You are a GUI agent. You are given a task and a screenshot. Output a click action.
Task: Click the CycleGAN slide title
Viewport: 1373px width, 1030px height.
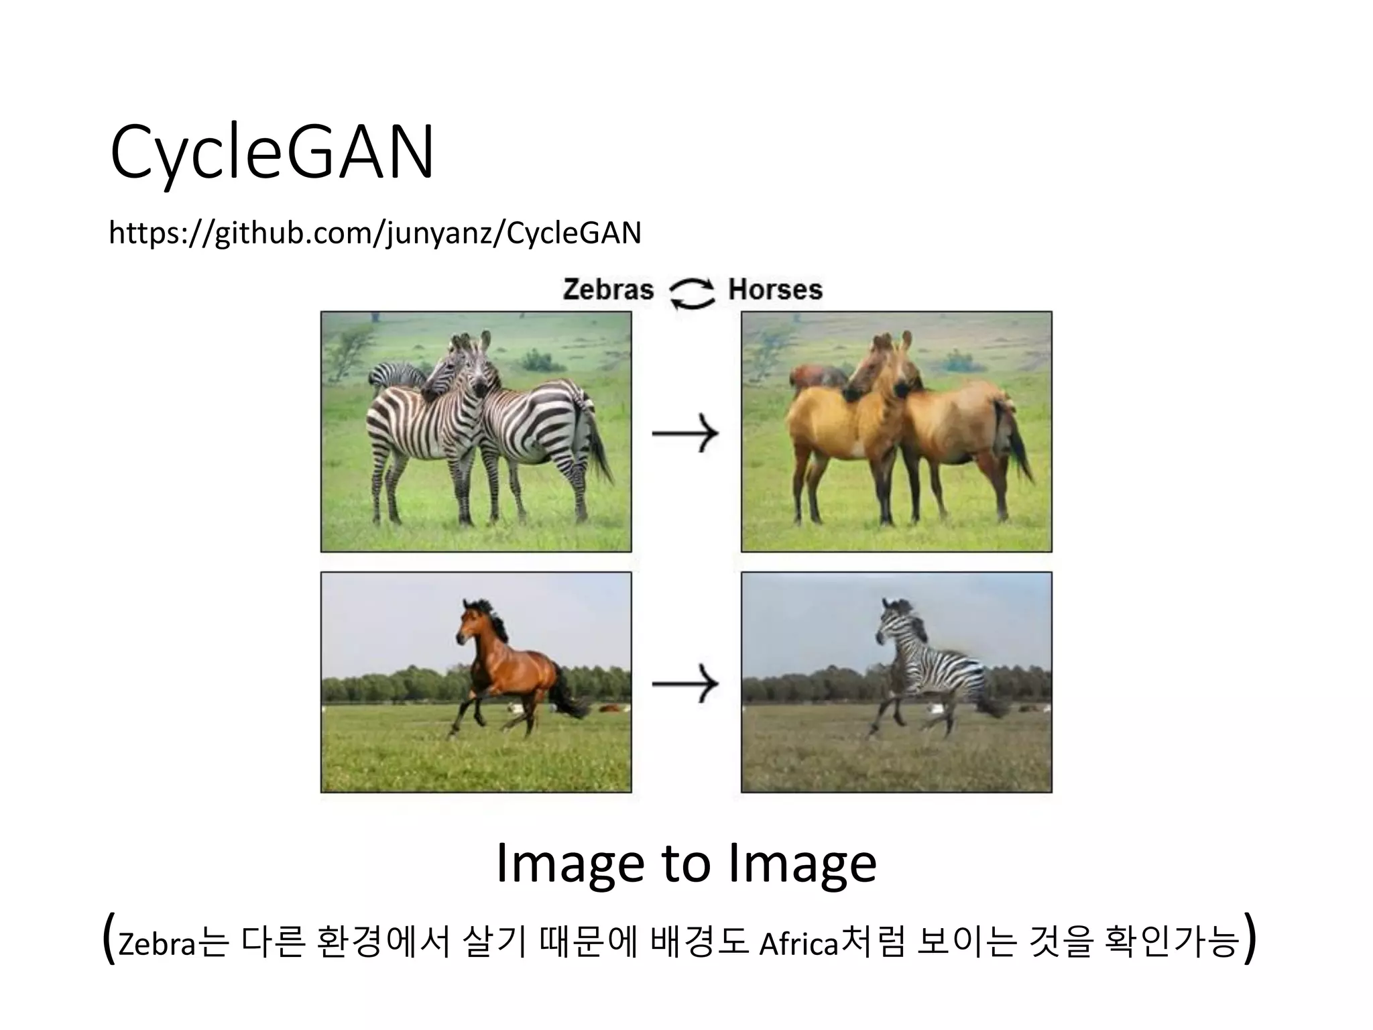[x=272, y=153]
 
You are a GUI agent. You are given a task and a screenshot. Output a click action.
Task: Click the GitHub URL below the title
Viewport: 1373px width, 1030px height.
[x=375, y=233]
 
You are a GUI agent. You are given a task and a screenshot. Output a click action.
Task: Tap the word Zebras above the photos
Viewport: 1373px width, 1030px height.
[x=607, y=290]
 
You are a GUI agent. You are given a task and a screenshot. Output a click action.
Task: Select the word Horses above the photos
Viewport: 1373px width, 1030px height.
[x=775, y=290]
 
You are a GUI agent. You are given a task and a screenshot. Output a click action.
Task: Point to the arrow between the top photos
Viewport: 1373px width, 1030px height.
[x=685, y=434]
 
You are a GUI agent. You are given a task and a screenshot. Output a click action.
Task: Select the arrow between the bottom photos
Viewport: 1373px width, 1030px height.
[x=685, y=683]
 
